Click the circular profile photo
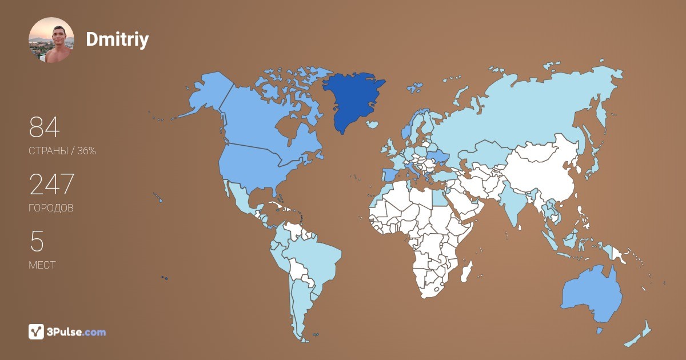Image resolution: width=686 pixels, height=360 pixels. (51, 40)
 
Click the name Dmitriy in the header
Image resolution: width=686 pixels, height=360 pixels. (117, 39)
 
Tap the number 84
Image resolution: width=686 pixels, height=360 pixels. (44, 127)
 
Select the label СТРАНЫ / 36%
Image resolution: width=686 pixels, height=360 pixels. (62, 151)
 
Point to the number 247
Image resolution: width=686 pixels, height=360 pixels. (51, 185)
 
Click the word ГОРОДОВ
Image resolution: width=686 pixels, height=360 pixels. (51, 209)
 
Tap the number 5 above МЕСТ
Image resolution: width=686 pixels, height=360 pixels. (37, 242)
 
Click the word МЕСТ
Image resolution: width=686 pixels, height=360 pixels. (42, 265)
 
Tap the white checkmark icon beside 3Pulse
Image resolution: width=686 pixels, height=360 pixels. (36, 332)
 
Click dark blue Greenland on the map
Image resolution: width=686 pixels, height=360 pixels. (352, 97)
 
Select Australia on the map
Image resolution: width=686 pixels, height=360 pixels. (592, 294)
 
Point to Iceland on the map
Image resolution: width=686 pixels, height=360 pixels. (373, 124)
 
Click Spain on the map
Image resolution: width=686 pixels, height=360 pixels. (389, 175)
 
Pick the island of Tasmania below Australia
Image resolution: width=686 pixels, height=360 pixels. (600, 330)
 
